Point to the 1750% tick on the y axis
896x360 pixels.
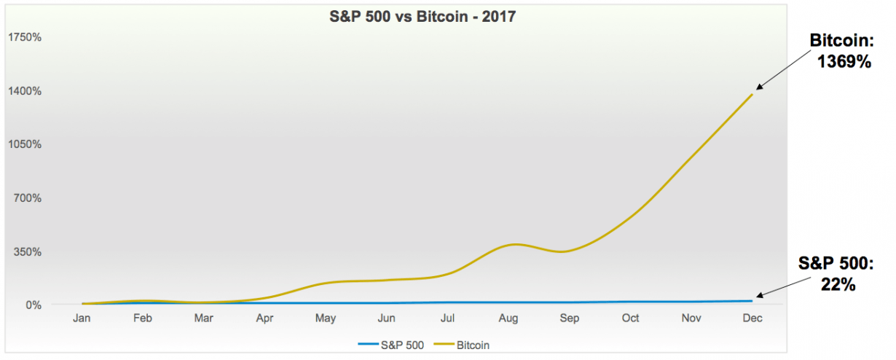(x=24, y=37)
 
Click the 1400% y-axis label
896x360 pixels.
(x=24, y=91)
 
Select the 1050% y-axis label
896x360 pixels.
(x=24, y=144)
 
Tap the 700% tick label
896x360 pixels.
(x=27, y=197)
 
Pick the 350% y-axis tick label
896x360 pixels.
(x=27, y=251)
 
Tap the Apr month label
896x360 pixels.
(x=266, y=318)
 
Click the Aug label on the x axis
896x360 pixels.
(x=509, y=318)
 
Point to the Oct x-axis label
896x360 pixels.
(x=631, y=318)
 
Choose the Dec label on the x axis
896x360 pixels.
(x=752, y=318)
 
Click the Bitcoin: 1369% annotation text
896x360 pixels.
(x=841, y=51)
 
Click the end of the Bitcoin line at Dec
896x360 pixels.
(x=752, y=94)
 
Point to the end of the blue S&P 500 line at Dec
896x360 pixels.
(x=752, y=300)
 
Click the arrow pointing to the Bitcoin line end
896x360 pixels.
(x=782, y=71)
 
